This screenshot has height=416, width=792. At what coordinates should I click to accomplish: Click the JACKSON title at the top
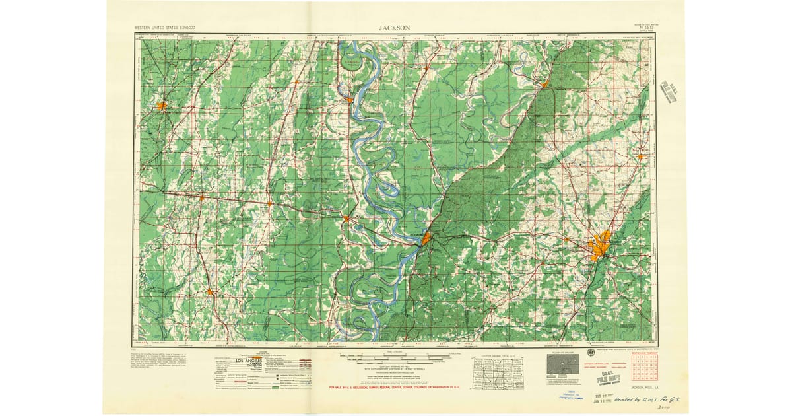tap(395, 28)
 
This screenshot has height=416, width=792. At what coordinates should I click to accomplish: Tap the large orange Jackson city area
tap(599, 246)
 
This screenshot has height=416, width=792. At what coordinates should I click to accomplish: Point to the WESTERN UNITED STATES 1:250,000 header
tap(169, 28)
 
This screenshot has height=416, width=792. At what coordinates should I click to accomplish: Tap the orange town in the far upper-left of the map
tap(161, 104)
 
